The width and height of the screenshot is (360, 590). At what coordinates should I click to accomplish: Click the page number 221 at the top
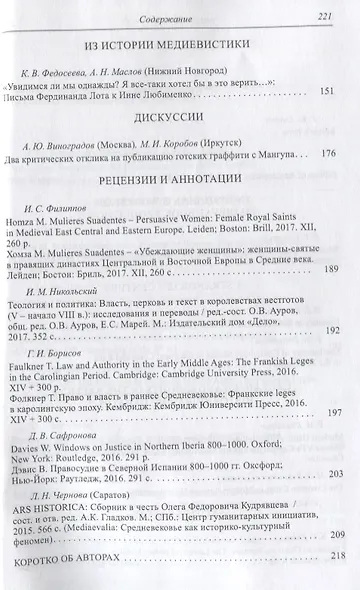point(325,12)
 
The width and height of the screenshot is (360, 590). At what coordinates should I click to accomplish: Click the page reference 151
point(325,92)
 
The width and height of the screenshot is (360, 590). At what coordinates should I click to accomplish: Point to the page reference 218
point(326,583)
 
